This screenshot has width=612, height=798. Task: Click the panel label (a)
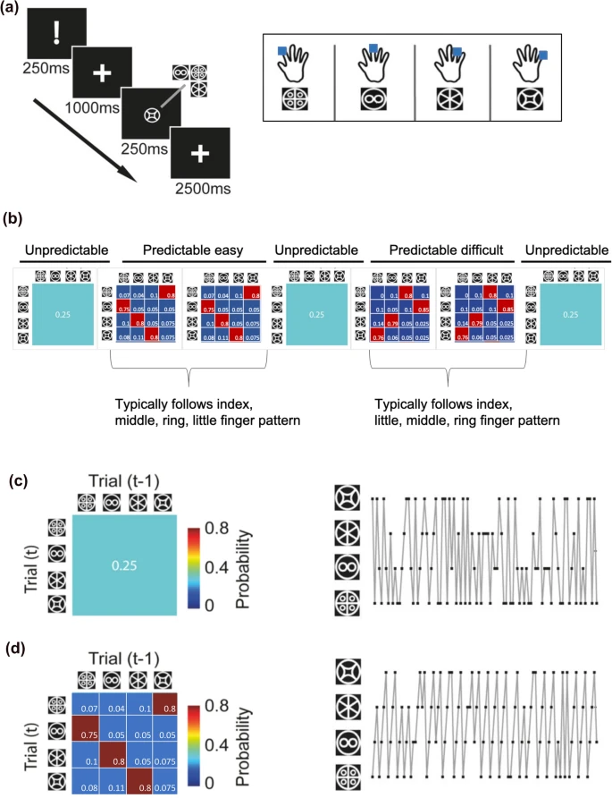tap(15, 9)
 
